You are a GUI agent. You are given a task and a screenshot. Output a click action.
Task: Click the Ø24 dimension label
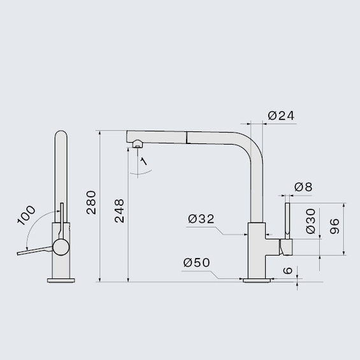click(281, 115)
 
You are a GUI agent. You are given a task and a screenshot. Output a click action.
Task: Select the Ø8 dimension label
click(304, 187)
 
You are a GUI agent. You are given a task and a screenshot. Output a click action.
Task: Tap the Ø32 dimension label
click(201, 219)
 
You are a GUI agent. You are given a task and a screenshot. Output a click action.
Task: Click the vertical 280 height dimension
click(91, 203)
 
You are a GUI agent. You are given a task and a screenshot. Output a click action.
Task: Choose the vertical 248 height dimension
click(120, 210)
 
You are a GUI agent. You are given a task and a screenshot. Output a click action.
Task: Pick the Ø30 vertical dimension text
click(311, 220)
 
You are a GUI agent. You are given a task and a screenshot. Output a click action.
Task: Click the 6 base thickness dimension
click(288, 271)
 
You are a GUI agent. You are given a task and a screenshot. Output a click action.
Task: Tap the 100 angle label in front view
click(26, 215)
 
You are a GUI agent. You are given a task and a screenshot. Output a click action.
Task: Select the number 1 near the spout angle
click(144, 162)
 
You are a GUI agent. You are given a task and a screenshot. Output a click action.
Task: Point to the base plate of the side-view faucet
click(256, 279)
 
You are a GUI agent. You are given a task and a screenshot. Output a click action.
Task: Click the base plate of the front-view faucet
click(61, 279)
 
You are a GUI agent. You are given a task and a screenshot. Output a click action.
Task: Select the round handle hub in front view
click(61, 248)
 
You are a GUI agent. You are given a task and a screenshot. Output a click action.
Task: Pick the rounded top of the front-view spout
click(61, 137)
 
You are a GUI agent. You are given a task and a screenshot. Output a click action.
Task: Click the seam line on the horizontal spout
click(186, 138)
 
